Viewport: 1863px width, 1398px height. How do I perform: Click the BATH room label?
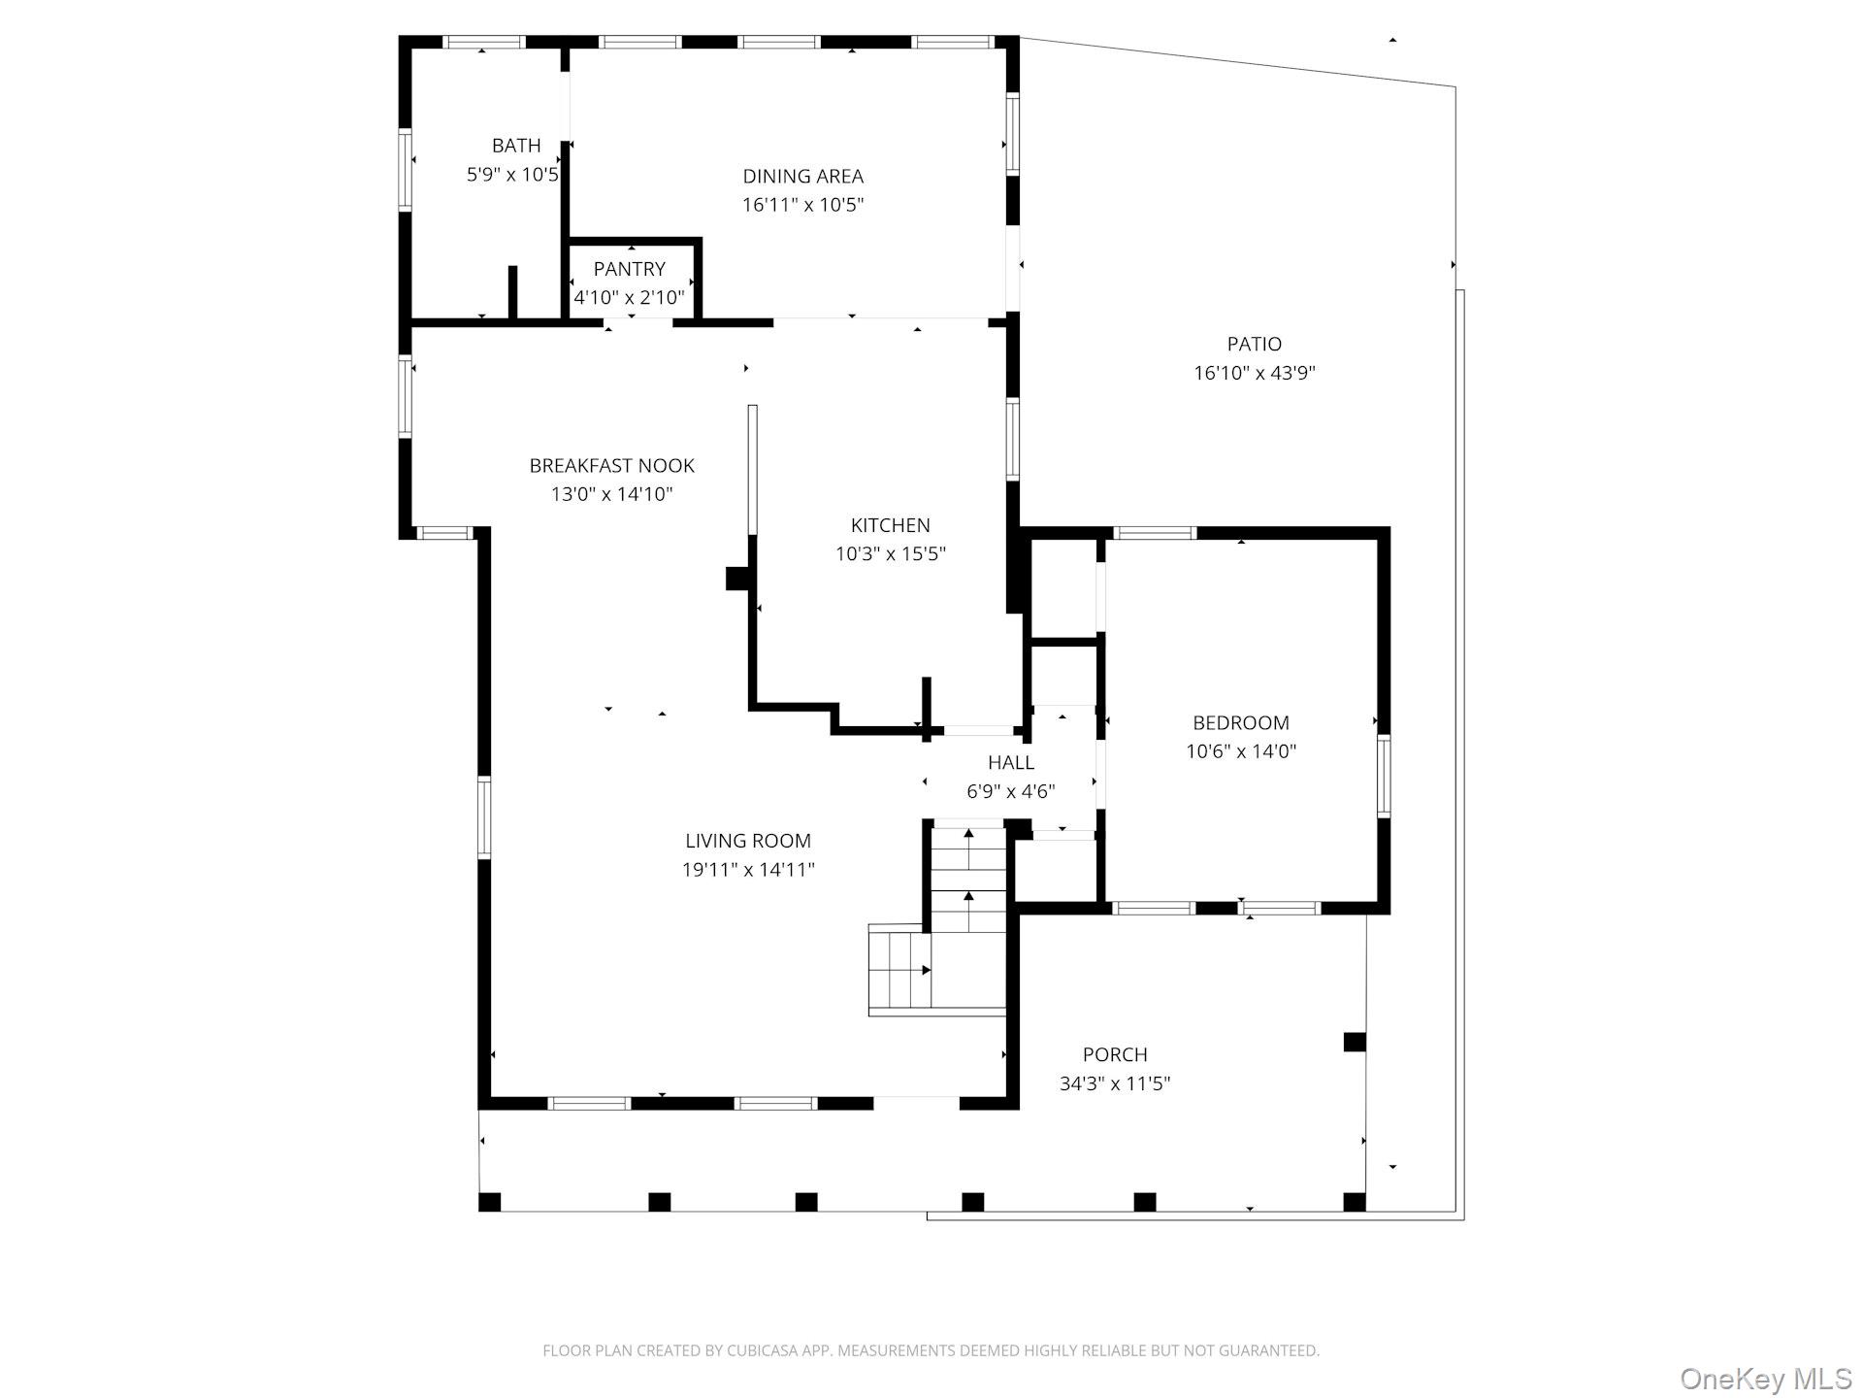(516, 146)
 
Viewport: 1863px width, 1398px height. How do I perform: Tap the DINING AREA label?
(802, 177)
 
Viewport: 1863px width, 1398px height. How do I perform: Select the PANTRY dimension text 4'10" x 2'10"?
(629, 298)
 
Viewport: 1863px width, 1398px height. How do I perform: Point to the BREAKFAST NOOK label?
(612, 466)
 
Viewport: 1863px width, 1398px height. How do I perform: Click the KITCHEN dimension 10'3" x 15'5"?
(891, 554)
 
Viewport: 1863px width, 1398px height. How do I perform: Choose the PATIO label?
(1255, 345)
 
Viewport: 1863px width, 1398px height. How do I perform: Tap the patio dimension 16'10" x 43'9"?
(1255, 373)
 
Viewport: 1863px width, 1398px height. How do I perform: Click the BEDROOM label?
(1241, 723)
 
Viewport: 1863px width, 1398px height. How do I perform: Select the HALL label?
(1011, 763)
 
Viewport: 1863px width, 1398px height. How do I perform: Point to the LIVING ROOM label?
(748, 842)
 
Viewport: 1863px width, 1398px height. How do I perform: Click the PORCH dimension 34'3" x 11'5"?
(1115, 1083)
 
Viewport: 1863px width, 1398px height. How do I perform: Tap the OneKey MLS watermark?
(1766, 1379)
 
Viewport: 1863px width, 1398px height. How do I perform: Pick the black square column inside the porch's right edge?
(1355, 1042)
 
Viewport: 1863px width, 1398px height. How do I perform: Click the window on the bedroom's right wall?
(1385, 776)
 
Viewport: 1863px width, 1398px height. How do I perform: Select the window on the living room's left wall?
(484, 817)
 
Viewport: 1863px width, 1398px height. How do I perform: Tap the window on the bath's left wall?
(406, 170)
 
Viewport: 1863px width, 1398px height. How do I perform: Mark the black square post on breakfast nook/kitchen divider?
(738, 579)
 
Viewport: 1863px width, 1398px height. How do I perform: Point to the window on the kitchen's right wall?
(1013, 439)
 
